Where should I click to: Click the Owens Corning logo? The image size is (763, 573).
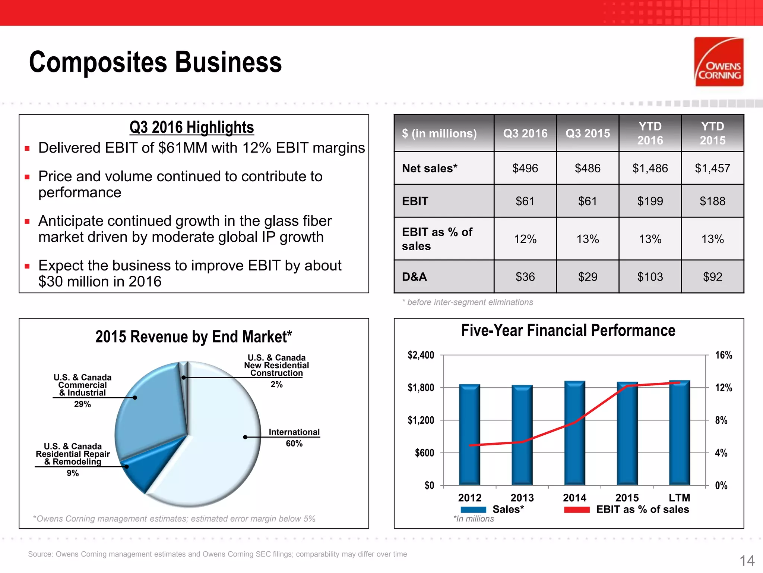719,62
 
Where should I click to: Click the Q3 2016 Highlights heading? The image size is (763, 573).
191,128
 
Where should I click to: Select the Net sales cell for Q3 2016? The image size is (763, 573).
525,168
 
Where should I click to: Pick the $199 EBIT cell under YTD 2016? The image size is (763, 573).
650,201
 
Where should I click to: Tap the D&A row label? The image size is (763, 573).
414,277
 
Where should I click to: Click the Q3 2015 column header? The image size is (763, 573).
588,134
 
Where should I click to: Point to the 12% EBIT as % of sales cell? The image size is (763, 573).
525,239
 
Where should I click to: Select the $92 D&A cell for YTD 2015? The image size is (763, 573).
712,277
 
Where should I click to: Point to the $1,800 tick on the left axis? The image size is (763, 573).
421,388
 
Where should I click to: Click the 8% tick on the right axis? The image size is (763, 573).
721,420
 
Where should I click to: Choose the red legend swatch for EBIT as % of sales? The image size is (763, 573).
577,510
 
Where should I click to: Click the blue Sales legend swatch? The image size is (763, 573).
473,510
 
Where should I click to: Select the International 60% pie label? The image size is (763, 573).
294,437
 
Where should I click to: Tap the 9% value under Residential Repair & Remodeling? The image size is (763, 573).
73,473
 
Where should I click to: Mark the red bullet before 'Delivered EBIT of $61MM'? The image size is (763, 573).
27,148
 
